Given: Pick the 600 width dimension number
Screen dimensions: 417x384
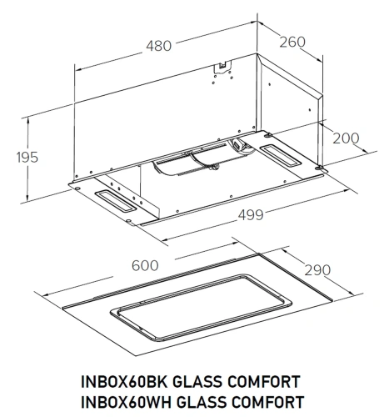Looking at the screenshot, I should point(145,265).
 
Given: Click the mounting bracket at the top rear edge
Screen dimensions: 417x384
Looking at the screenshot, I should point(222,67).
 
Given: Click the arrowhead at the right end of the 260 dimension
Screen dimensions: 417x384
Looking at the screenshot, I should point(322,58).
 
